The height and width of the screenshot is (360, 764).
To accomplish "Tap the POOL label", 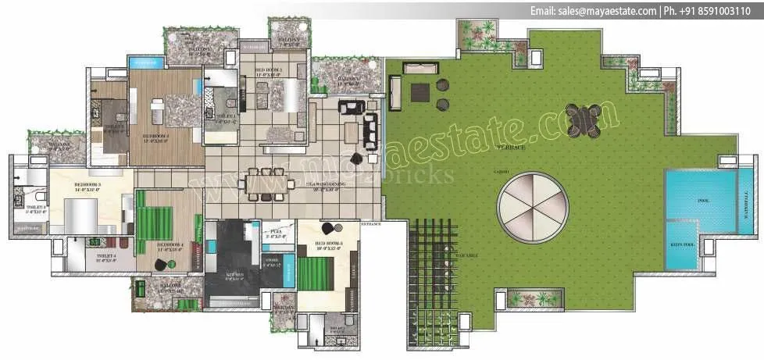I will [x=703, y=201].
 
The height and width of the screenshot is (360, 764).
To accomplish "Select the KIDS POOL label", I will [x=680, y=243].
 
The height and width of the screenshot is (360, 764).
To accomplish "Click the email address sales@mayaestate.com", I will [x=593, y=11].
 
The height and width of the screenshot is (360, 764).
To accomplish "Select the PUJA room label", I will [x=274, y=233].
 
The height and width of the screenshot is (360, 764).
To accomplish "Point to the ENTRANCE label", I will [x=370, y=224].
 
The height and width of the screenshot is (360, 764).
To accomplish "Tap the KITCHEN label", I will [x=234, y=276].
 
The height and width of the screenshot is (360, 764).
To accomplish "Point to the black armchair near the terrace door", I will [x=356, y=159].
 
